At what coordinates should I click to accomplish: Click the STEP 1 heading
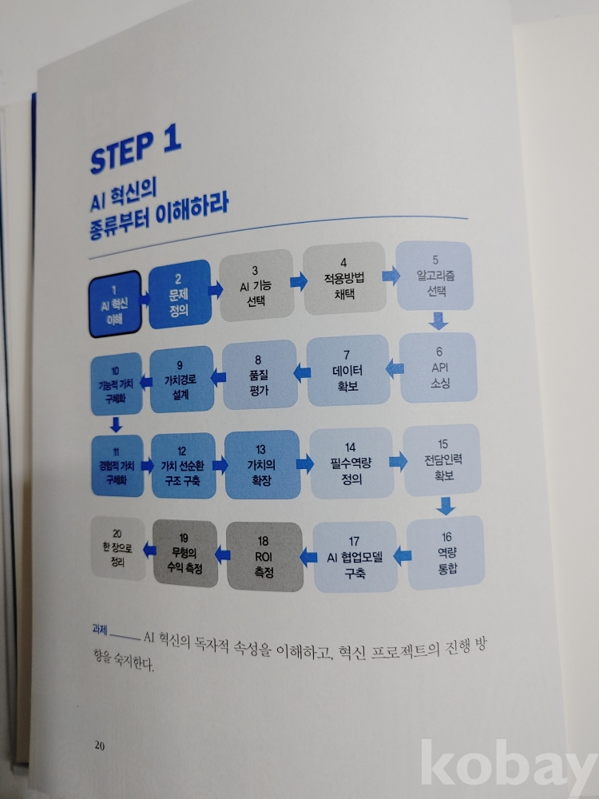click(136, 150)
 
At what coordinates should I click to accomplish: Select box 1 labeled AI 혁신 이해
click(115, 304)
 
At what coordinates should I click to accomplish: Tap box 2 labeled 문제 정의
click(179, 295)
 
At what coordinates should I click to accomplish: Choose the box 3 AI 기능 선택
click(256, 285)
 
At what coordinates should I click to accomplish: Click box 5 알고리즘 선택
click(435, 276)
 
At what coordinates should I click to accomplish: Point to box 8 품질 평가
click(260, 375)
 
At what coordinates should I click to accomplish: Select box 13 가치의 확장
click(262, 465)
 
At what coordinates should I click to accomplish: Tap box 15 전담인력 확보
click(442, 460)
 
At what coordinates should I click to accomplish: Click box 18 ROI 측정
click(264, 556)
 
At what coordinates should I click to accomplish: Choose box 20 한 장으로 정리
click(117, 548)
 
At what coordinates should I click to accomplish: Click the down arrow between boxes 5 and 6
click(438, 321)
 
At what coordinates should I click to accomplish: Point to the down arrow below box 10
click(116, 424)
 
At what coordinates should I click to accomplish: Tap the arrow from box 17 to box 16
click(403, 555)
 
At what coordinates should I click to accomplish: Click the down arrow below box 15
click(446, 506)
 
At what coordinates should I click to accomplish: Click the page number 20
click(99, 745)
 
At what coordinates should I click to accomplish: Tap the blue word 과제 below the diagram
click(100, 630)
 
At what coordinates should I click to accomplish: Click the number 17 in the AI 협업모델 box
click(354, 541)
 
